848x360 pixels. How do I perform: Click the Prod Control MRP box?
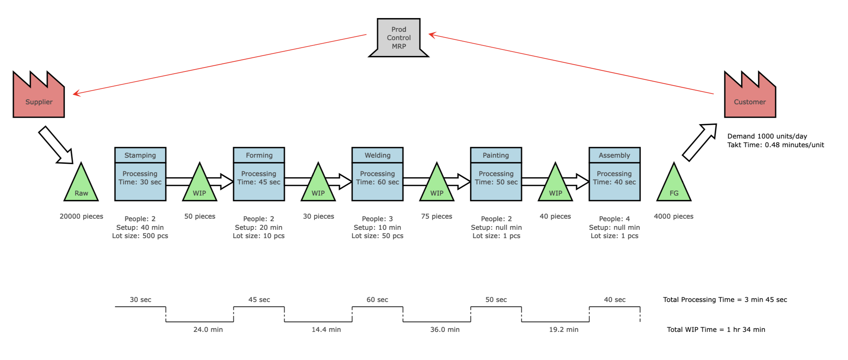point(399,38)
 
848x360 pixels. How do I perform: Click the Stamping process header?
point(140,155)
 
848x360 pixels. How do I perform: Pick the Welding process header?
point(377,155)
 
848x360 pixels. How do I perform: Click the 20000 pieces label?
point(81,216)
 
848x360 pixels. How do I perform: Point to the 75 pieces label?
point(437,216)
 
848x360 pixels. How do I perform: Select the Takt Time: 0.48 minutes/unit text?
point(775,145)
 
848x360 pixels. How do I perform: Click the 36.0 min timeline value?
point(445,330)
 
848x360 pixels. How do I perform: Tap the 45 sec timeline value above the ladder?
point(259,300)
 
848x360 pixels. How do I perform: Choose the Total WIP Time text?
point(716,330)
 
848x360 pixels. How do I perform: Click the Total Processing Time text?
point(725,300)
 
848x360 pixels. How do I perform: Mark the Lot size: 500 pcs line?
point(140,236)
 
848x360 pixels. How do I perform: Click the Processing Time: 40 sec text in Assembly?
point(614,178)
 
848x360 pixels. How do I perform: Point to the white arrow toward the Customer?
point(699,142)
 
